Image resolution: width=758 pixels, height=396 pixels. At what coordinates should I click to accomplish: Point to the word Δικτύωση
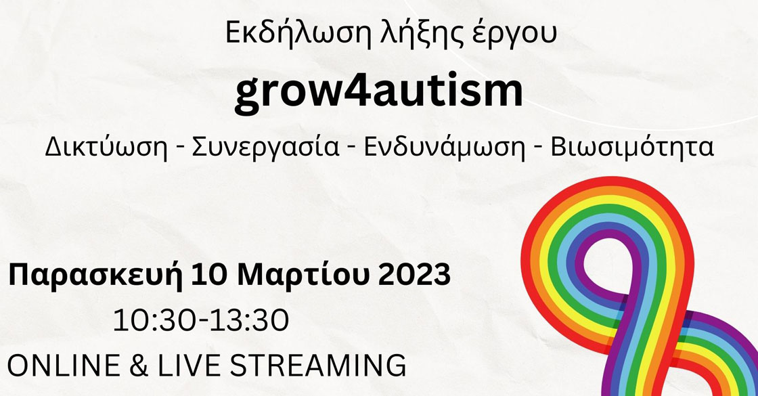pos(106,147)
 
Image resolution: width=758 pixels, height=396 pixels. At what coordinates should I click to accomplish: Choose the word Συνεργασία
pos(266,147)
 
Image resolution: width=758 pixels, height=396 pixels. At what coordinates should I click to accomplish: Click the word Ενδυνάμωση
pos(444,147)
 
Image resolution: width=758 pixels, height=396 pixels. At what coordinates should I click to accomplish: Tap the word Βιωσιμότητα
pos(632,147)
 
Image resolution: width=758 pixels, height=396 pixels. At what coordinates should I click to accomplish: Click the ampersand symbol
pos(139,365)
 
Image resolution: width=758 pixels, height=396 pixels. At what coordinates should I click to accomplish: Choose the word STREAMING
pos(318,365)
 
